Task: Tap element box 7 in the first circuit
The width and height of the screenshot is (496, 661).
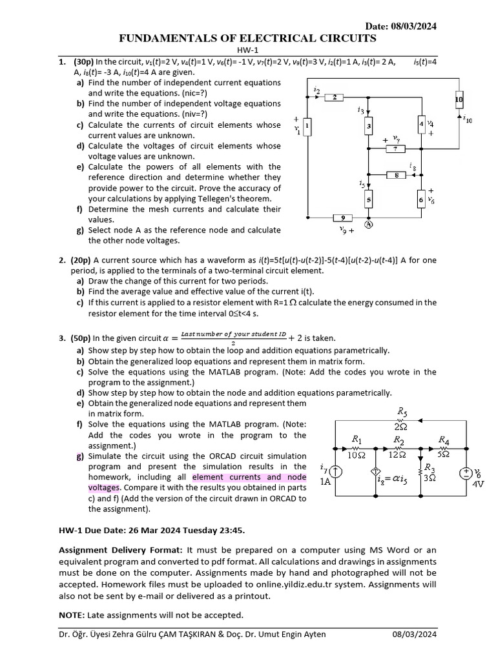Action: [x=394, y=149]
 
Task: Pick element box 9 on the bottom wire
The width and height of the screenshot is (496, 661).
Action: [x=343, y=218]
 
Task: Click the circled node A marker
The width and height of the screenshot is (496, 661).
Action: [x=369, y=225]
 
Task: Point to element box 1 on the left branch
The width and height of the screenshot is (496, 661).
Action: [x=308, y=127]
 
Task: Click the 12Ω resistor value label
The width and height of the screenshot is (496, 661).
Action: [x=398, y=454]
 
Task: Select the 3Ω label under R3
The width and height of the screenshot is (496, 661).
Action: [x=429, y=478]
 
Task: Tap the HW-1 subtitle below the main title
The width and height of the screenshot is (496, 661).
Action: [x=248, y=51]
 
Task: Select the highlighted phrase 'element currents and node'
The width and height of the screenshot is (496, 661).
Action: [x=249, y=477]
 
